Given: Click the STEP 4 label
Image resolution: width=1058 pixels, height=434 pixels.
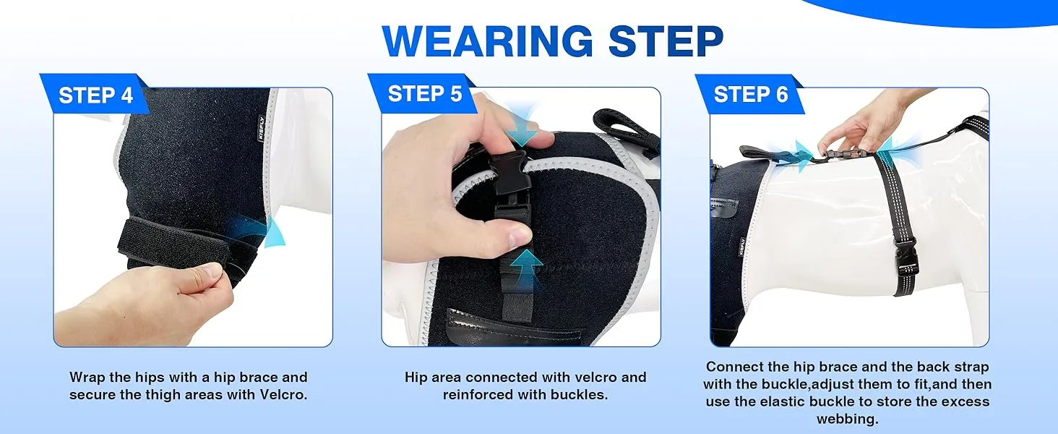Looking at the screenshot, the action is [96, 95].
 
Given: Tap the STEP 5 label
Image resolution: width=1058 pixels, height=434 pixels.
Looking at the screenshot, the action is [425, 93].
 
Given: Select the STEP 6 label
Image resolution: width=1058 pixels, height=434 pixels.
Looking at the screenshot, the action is [751, 94].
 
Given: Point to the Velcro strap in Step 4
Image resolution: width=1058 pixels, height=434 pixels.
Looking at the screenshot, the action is [174, 247].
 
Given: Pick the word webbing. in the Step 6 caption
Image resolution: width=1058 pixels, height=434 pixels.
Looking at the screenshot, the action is [848, 419].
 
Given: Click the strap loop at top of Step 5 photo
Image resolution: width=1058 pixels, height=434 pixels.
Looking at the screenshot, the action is [626, 127].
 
